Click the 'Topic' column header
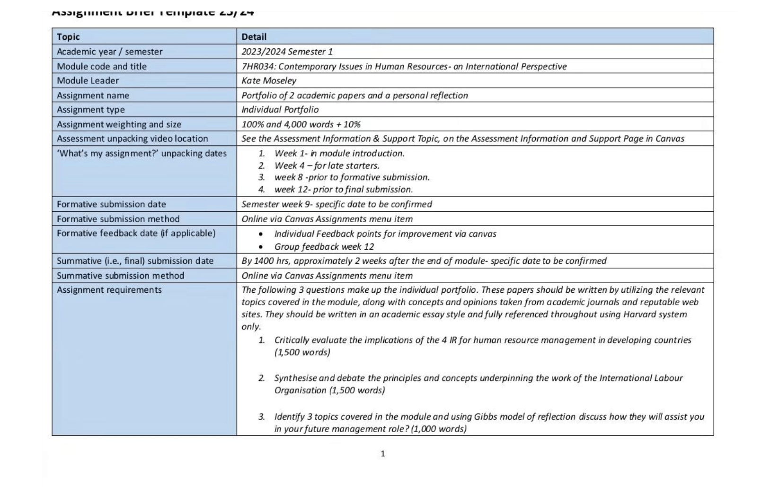click(68, 37)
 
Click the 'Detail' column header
click(254, 37)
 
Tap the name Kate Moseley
click(269, 81)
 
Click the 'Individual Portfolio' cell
click(280, 109)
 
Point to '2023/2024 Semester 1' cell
click(287, 52)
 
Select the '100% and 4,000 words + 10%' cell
click(301, 124)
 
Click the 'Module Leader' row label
click(88, 81)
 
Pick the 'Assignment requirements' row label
click(109, 290)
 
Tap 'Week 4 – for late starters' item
click(327, 165)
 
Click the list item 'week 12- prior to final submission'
click(343, 189)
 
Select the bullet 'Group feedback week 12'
click(324, 246)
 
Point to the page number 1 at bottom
click(382, 454)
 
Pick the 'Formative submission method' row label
click(118, 219)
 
